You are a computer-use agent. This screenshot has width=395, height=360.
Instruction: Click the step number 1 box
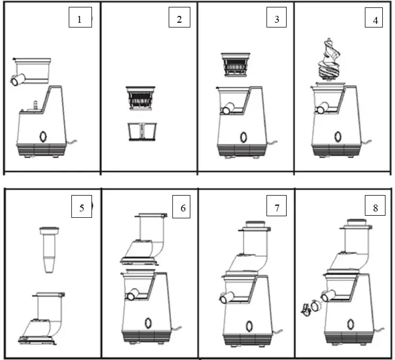click(80, 20)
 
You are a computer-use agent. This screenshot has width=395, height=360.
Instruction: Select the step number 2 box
click(179, 20)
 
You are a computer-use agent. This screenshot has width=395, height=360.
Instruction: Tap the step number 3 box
click(277, 20)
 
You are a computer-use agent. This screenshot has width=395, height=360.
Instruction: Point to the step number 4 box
click(375, 20)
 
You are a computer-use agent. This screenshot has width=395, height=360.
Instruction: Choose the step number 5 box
click(82, 207)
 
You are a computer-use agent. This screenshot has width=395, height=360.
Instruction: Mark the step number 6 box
click(183, 207)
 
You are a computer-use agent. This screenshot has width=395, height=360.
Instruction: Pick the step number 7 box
click(277, 207)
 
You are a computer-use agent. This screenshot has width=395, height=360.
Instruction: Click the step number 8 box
click(375, 207)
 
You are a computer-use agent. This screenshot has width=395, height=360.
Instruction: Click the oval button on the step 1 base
click(42, 136)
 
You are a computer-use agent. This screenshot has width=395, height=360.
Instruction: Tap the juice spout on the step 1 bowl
click(16, 80)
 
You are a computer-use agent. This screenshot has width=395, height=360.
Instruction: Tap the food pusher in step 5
click(49, 248)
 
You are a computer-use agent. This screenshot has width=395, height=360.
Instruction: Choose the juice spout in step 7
click(226, 298)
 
